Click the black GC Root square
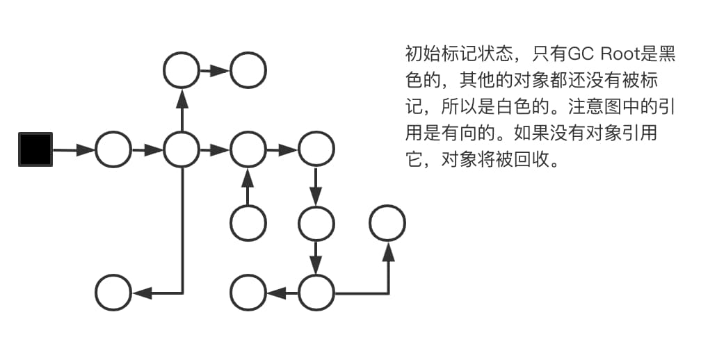tap(35, 149)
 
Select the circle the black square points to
tap(113, 149)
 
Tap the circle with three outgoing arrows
tap(182, 149)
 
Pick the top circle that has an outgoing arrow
tap(182, 70)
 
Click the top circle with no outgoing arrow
tap(248, 70)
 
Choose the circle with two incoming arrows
tap(248, 149)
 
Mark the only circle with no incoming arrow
tap(248, 223)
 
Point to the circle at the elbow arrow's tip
tap(113, 293)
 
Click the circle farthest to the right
tap(387, 223)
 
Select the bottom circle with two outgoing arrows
tap(316, 293)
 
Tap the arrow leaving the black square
tap(74, 149)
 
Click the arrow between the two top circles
tap(215, 70)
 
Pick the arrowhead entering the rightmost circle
tap(387, 252)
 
